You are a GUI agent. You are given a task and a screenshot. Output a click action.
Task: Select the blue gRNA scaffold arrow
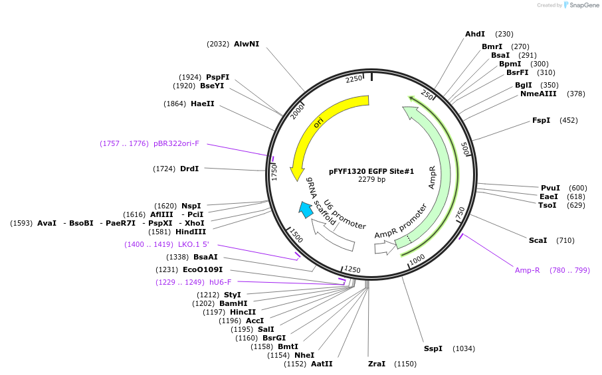click(306, 210)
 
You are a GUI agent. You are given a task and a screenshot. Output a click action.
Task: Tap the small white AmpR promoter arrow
click(385, 248)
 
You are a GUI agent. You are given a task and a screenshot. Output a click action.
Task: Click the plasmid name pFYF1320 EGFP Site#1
click(371, 171)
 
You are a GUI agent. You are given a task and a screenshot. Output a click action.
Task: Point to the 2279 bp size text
click(371, 180)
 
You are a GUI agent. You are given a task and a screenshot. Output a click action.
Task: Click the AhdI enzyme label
click(475, 34)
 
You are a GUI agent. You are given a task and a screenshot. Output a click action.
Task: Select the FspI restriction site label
click(541, 120)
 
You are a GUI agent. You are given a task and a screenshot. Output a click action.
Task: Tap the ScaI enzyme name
click(538, 240)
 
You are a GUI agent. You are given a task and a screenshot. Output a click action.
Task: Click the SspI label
click(433, 348)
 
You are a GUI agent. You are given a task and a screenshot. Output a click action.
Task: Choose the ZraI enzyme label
click(377, 364)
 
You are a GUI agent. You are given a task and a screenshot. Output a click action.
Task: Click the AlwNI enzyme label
click(247, 44)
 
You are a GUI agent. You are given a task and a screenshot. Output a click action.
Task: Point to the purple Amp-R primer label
click(528, 270)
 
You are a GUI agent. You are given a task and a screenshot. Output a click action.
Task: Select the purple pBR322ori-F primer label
click(176, 143)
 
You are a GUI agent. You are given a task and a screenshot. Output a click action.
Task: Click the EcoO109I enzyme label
click(203, 269)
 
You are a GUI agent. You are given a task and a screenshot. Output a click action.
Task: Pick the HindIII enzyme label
click(191, 232)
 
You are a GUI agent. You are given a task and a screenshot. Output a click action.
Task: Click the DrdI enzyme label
click(189, 169)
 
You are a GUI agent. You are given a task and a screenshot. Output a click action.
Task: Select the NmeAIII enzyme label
click(539, 94)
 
